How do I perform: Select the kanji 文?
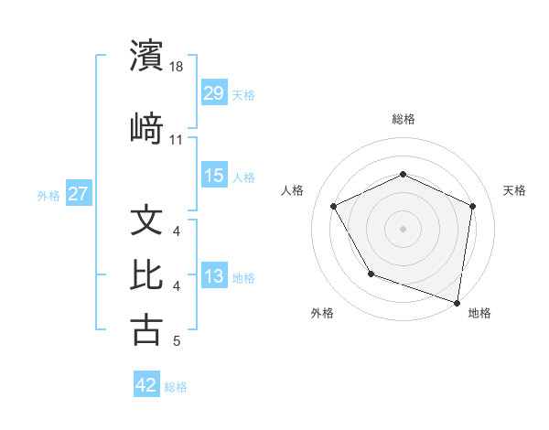coord(146,220)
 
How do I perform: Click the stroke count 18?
coord(178,68)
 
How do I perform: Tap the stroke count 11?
coord(177,140)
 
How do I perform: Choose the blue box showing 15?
coord(214,176)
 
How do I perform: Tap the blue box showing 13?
coord(214,276)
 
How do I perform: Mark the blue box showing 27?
coord(79,194)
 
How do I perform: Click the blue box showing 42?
coord(146,385)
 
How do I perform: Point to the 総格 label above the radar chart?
coord(403,119)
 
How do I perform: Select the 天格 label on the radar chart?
coord(514,190)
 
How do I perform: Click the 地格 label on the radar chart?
coord(479,314)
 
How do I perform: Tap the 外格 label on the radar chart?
coord(322,314)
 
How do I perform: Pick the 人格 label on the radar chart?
coord(293,190)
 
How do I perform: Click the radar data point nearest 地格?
coord(457,302)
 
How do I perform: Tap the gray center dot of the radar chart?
coord(403,228)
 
